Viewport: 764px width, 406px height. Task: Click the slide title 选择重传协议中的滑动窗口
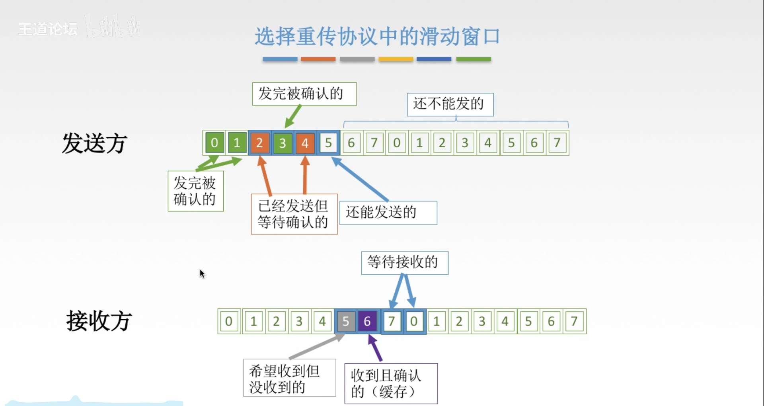pos(377,37)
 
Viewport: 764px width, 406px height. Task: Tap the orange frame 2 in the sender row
pos(259,142)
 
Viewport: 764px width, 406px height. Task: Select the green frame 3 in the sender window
pos(283,142)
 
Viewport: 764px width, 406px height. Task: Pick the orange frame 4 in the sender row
pos(305,142)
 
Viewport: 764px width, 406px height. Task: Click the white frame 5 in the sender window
pos(328,142)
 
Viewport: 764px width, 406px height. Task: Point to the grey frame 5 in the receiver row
pos(345,321)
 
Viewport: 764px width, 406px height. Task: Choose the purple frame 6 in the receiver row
pos(367,321)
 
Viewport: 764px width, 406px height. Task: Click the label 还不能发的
pos(450,104)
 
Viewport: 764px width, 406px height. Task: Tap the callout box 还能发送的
pos(388,213)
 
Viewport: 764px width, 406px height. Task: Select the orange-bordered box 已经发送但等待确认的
pos(294,214)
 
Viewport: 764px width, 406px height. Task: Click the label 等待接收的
pos(404,262)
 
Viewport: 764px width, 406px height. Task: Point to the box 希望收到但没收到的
pos(289,378)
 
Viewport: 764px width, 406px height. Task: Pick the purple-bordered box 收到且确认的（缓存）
pos(391,383)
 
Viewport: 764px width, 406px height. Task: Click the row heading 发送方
pos(95,143)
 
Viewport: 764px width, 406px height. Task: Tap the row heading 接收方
pos(99,321)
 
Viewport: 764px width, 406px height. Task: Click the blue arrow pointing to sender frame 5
pos(360,179)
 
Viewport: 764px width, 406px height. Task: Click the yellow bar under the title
pos(396,59)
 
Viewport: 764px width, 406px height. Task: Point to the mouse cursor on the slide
pos(202,273)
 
